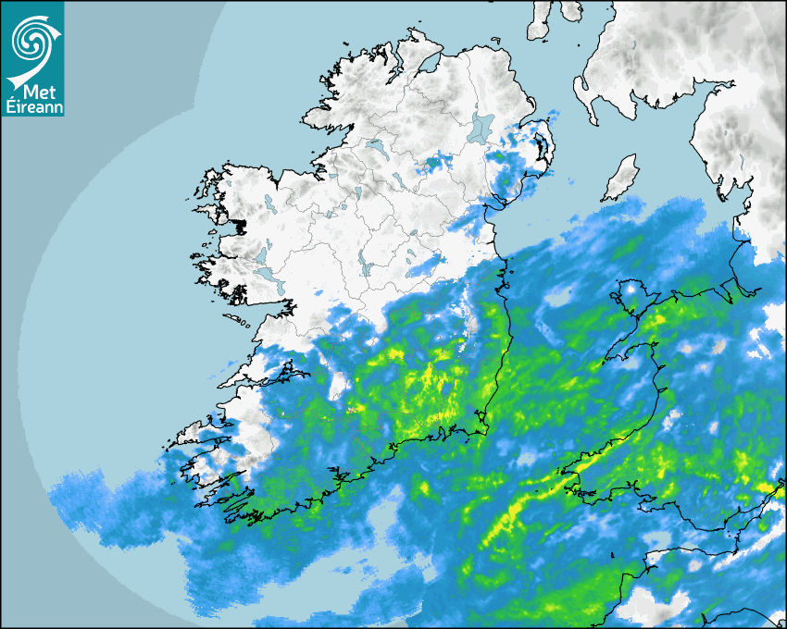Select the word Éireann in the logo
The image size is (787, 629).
coord(33,106)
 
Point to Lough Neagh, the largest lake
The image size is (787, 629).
coord(481,127)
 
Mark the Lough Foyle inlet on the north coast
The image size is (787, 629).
coord(427,64)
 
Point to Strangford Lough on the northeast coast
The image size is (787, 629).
coord(541,148)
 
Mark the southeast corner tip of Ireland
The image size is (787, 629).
coord(484,429)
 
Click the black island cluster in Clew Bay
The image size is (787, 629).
coord(242,225)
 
